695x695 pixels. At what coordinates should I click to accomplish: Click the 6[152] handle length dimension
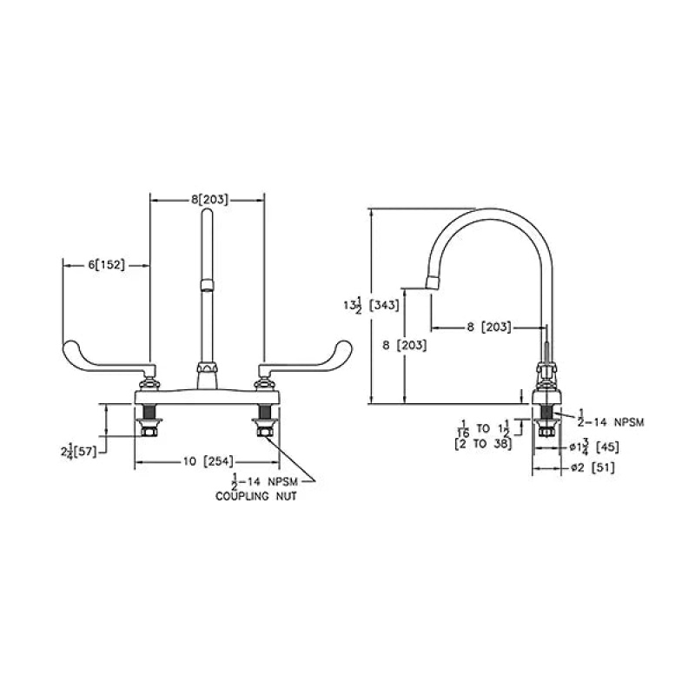(x=106, y=265)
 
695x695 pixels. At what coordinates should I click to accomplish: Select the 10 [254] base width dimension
(x=208, y=461)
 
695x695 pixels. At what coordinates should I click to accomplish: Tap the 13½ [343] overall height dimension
(x=372, y=306)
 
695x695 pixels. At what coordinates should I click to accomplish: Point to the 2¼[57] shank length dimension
(x=78, y=452)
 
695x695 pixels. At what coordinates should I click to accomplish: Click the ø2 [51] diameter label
(x=592, y=467)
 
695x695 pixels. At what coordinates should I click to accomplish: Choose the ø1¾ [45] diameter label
(x=594, y=447)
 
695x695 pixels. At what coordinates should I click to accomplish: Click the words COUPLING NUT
(x=255, y=496)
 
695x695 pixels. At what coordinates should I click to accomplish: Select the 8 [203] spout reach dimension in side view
(x=489, y=328)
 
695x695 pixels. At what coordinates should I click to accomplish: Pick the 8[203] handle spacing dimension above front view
(x=209, y=200)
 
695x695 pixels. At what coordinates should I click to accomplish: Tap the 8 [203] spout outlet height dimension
(x=405, y=345)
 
